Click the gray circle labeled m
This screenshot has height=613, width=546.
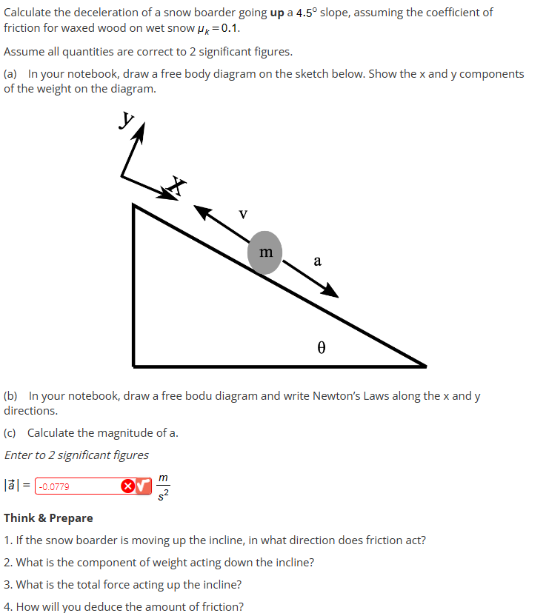click(x=265, y=252)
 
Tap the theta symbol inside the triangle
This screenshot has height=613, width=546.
click(x=322, y=346)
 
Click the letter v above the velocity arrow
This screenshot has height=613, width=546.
click(x=243, y=214)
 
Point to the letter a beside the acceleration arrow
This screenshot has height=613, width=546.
click(x=317, y=261)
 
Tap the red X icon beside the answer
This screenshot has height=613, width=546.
click(x=127, y=486)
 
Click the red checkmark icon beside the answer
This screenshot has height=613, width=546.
click(x=143, y=486)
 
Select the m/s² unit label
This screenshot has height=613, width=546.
click(x=163, y=486)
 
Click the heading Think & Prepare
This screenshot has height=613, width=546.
click(x=49, y=517)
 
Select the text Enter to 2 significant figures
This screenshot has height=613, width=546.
click(x=76, y=455)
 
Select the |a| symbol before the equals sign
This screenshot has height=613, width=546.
click(x=13, y=486)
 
